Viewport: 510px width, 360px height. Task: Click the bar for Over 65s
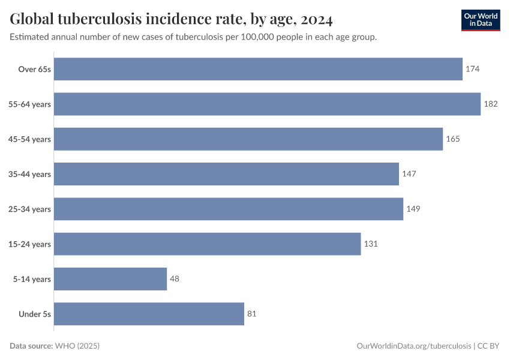click(x=258, y=69)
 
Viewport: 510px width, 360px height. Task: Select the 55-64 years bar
click(x=267, y=104)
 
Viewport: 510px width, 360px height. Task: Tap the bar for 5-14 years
click(x=110, y=279)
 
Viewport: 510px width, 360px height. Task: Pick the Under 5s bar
click(x=149, y=314)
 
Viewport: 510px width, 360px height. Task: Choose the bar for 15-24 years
click(x=208, y=244)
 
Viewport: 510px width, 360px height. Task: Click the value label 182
click(x=490, y=104)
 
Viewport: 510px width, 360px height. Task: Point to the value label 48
click(x=175, y=279)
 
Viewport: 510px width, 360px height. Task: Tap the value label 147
click(x=409, y=174)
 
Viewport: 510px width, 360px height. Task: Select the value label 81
click(x=252, y=314)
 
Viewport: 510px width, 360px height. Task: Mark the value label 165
click(x=452, y=139)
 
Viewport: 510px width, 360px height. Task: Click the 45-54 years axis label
click(x=29, y=139)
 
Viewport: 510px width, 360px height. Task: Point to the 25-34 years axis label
click(x=29, y=209)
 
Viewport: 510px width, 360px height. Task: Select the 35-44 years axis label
click(x=29, y=174)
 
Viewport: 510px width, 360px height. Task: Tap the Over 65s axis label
click(x=35, y=69)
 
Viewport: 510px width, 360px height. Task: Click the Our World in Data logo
click(x=481, y=20)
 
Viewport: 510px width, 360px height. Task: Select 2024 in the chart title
click(x=317, y=19)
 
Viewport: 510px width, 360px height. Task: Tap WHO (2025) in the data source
click(x=77, y=346)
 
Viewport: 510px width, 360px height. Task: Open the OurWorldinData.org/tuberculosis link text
click(x=413, y=346)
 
